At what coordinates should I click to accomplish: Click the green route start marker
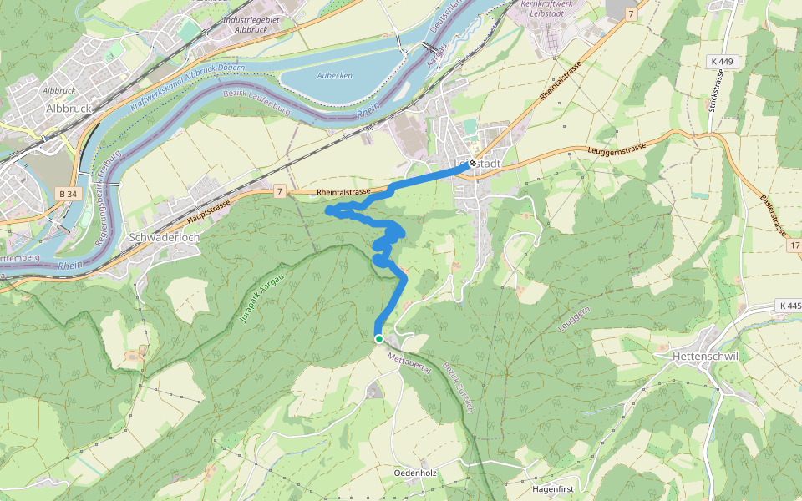(x=378, y=338)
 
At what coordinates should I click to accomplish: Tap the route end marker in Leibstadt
(x=473, y=164)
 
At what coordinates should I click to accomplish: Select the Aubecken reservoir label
(x=335, y=75)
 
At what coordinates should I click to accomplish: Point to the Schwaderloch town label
(x=163, y=237)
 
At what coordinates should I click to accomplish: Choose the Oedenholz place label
(x=416, y=473)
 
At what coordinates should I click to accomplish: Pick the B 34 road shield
(x=69, y=194)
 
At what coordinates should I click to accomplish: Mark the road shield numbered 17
(x=794, y=245)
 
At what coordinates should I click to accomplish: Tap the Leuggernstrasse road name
(x=618, y=149)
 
